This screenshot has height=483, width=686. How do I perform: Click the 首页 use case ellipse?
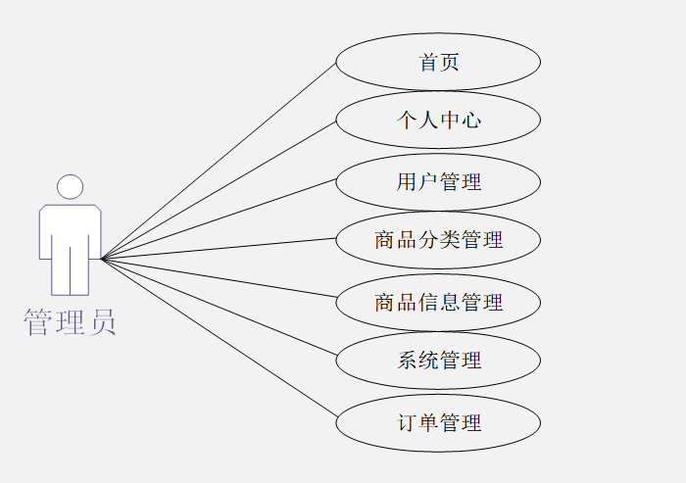438,63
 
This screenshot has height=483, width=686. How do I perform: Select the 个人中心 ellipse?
438,121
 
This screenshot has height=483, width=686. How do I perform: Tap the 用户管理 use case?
438,182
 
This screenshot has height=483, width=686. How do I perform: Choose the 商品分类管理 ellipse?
438,240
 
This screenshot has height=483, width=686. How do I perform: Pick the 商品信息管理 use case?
438,303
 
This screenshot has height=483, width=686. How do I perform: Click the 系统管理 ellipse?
438,361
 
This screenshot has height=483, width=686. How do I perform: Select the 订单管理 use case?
438,423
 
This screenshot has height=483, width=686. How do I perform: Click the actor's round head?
70,187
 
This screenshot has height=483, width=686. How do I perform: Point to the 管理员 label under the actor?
70,321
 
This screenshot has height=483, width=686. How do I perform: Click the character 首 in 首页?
428,63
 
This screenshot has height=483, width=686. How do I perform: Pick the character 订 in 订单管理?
407,423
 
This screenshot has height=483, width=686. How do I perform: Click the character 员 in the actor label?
102,321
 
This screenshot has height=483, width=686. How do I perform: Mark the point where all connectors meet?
102,259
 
